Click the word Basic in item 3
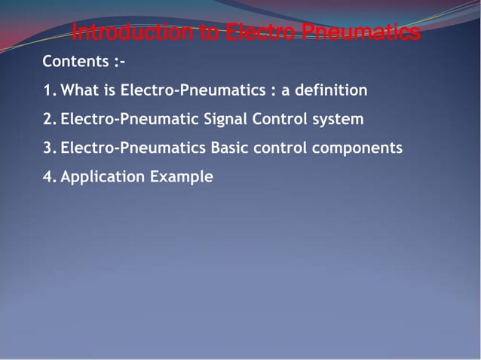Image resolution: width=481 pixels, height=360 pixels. point(229,148)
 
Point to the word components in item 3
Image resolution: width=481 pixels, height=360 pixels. point(357,148)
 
